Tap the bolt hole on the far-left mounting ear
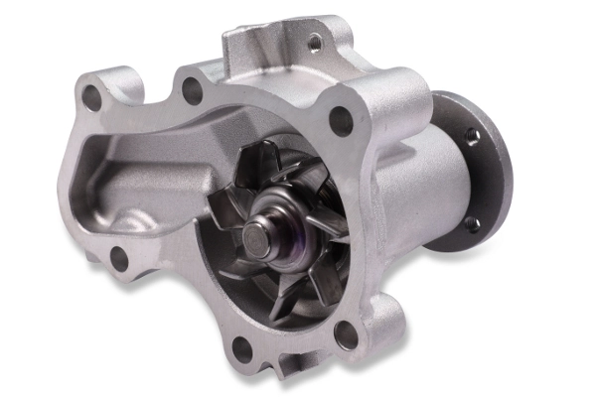(92, 97)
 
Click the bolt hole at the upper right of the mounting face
(340, 121)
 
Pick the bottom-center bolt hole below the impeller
(239, 347)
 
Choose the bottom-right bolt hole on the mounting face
(347, 334)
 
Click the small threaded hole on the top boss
(314, 43)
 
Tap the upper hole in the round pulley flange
(472, 136)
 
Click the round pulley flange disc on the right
(475, 179)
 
